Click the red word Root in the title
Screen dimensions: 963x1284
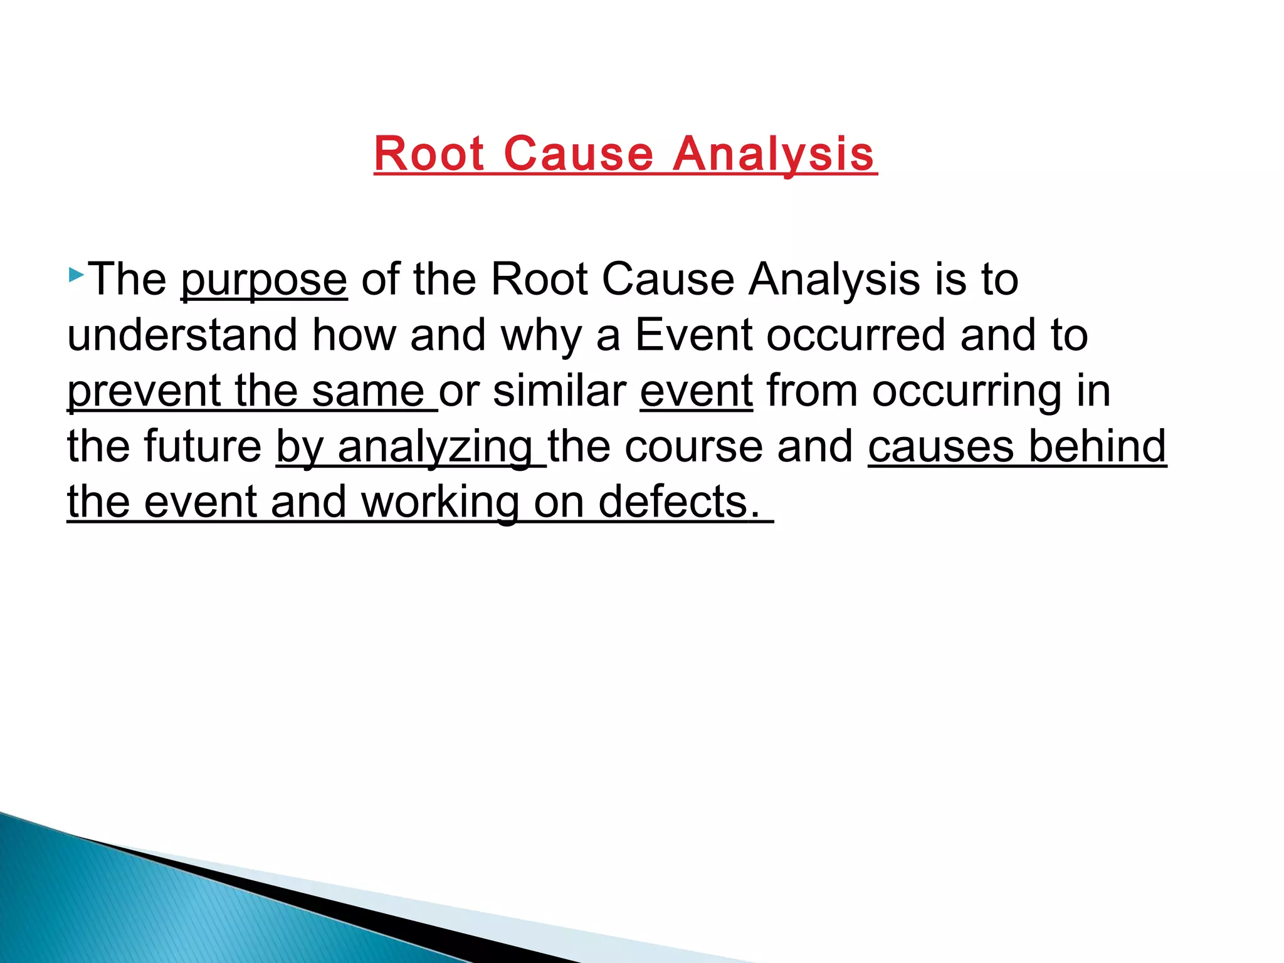pyautogui.click(x=429, y=154)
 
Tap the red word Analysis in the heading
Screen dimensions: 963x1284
pyautogui.click(x=774, y=154)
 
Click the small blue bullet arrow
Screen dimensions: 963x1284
pyautogui.click(x=76, y=274)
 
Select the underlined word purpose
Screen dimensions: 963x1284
pyautogui.click(x=264, y=280)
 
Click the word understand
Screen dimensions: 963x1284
pyautogui.click(x=182, y=335)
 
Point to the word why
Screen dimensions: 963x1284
pyautogui.click(x=541, y=336)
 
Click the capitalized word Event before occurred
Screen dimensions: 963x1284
pyautogui.click(x=694, y=335)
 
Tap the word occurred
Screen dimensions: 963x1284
pyautogui.click(x=856, y=335)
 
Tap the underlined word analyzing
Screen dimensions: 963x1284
pyautogui.click(x=435, y=447)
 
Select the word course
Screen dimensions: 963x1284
pyautogui.click(x=693, y=447)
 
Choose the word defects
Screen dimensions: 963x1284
pyautogui.click(x=674, y=502)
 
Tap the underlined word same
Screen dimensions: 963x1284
pyautogui.click(x=368, y=391)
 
